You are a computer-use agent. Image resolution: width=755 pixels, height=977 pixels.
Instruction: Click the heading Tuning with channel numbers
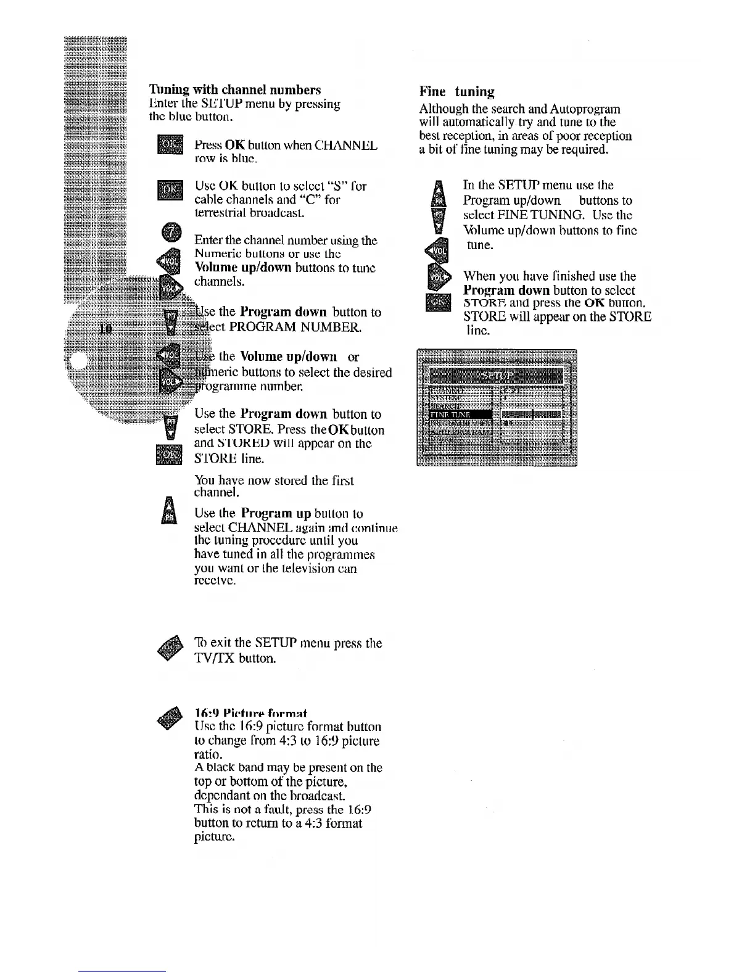coord(234,90)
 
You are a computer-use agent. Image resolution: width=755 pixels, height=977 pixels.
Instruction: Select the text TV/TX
coord(215,658)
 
